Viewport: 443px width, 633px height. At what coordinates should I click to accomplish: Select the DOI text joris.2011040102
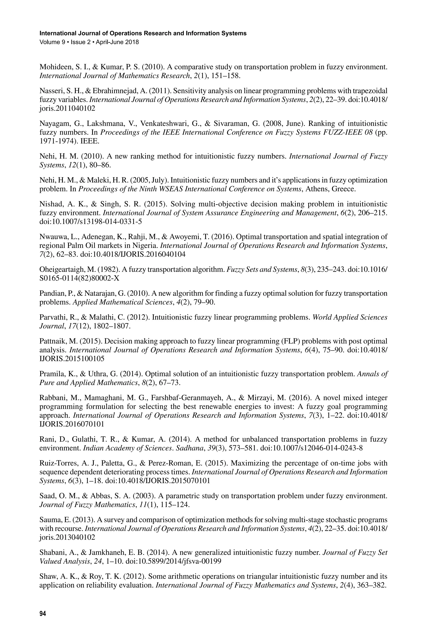[67, 108]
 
